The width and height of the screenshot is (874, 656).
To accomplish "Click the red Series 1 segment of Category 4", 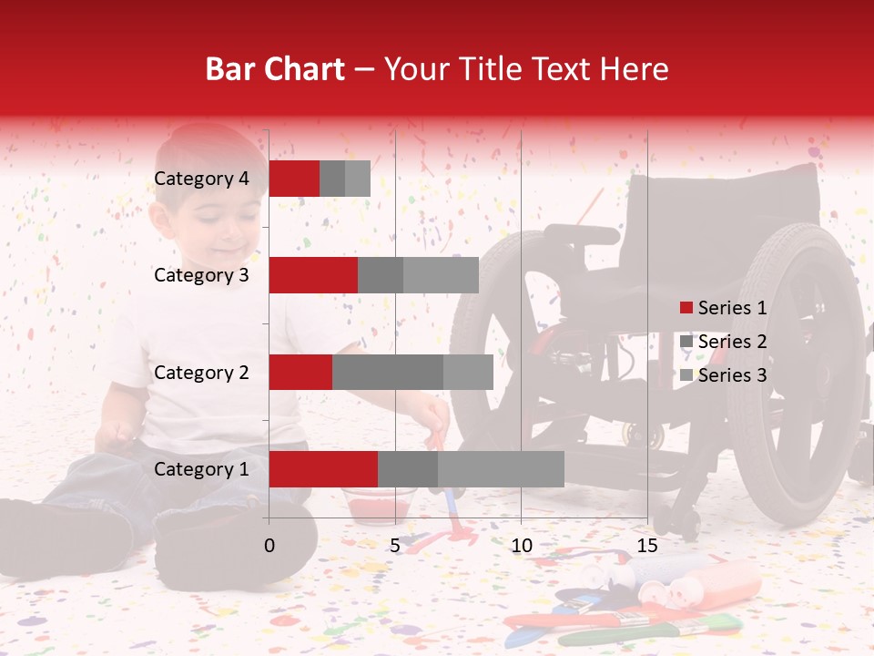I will point(294,179).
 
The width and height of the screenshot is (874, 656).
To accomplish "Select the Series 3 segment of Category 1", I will point(501,469).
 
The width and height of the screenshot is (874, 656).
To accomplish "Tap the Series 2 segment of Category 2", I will point(388,372).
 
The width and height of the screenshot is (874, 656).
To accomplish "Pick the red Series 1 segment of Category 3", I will point(313,275).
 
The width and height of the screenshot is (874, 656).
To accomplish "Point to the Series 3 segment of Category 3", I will point(441,275).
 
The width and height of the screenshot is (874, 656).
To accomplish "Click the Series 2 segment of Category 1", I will point(408,469).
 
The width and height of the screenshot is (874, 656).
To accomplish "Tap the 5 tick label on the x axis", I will point(395,546).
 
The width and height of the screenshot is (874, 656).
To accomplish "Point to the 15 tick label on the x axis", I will point(647,546).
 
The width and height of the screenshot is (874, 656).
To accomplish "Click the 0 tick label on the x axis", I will point(269,546).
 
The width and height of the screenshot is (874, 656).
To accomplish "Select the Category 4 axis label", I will point(201,179).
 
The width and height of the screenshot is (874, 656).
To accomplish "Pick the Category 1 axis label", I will point(201,469).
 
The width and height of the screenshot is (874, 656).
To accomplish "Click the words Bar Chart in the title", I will point(275,69).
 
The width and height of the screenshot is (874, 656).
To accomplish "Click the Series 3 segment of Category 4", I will point(358,179).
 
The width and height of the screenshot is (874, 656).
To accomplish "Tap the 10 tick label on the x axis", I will point(521,546).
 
